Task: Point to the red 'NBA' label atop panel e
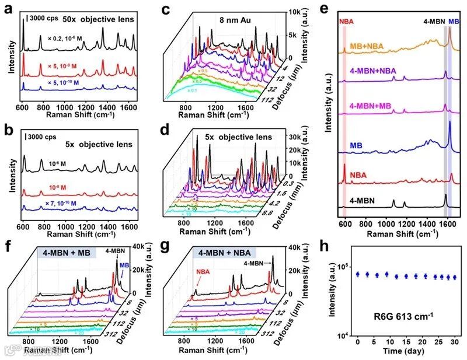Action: [346, 20]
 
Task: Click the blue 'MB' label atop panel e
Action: [454, 20]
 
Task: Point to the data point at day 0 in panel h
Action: [357, 274]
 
